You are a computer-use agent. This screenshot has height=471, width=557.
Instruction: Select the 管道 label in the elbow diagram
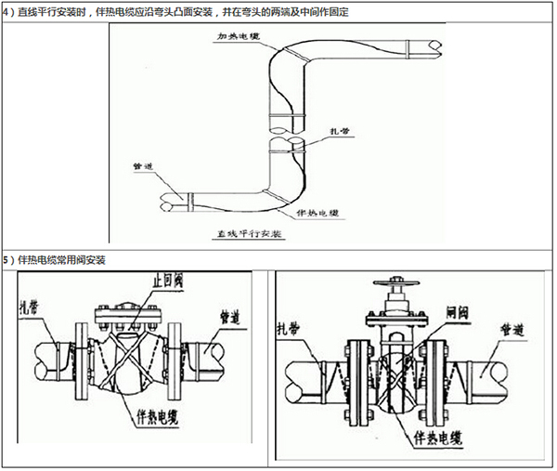click(144, 167)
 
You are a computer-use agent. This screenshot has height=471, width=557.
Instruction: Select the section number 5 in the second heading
click(6, 259)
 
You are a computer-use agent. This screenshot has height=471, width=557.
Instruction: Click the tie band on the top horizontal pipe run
click(304, 59)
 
